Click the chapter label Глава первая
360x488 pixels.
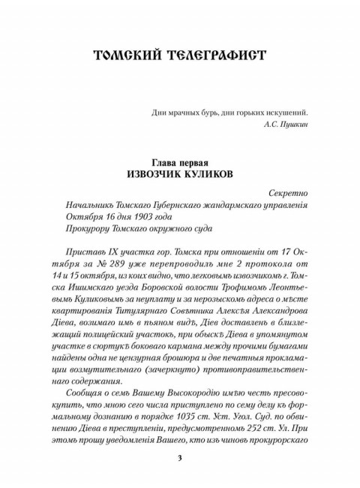pos(180,163)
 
